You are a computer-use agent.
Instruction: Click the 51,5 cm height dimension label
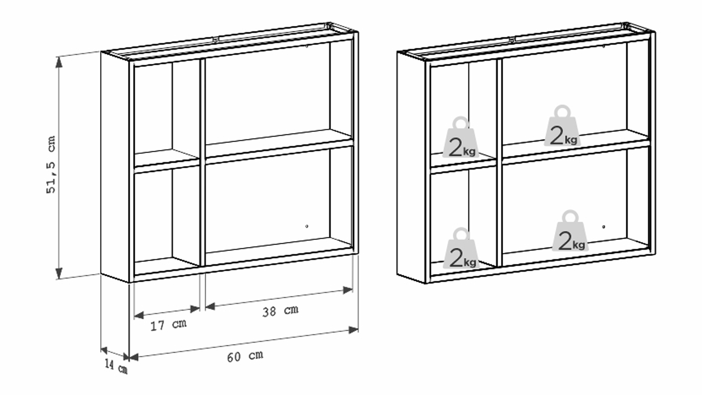point(51,165)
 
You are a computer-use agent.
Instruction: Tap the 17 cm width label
point(169,324)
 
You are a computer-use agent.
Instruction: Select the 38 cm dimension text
point(280,311)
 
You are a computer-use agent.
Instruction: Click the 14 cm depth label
point(116,366)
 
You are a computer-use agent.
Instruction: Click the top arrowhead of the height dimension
point(59,62)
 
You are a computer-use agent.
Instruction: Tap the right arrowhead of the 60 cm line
point(353,330)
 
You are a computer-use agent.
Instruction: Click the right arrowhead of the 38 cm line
point(348,290)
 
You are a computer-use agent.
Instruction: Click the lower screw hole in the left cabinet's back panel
point(307,226)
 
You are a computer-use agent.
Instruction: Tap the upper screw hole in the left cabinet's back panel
point(307,46)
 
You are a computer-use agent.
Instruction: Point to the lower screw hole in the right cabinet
point(604,227)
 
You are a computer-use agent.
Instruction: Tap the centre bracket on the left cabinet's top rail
point(216,38)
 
